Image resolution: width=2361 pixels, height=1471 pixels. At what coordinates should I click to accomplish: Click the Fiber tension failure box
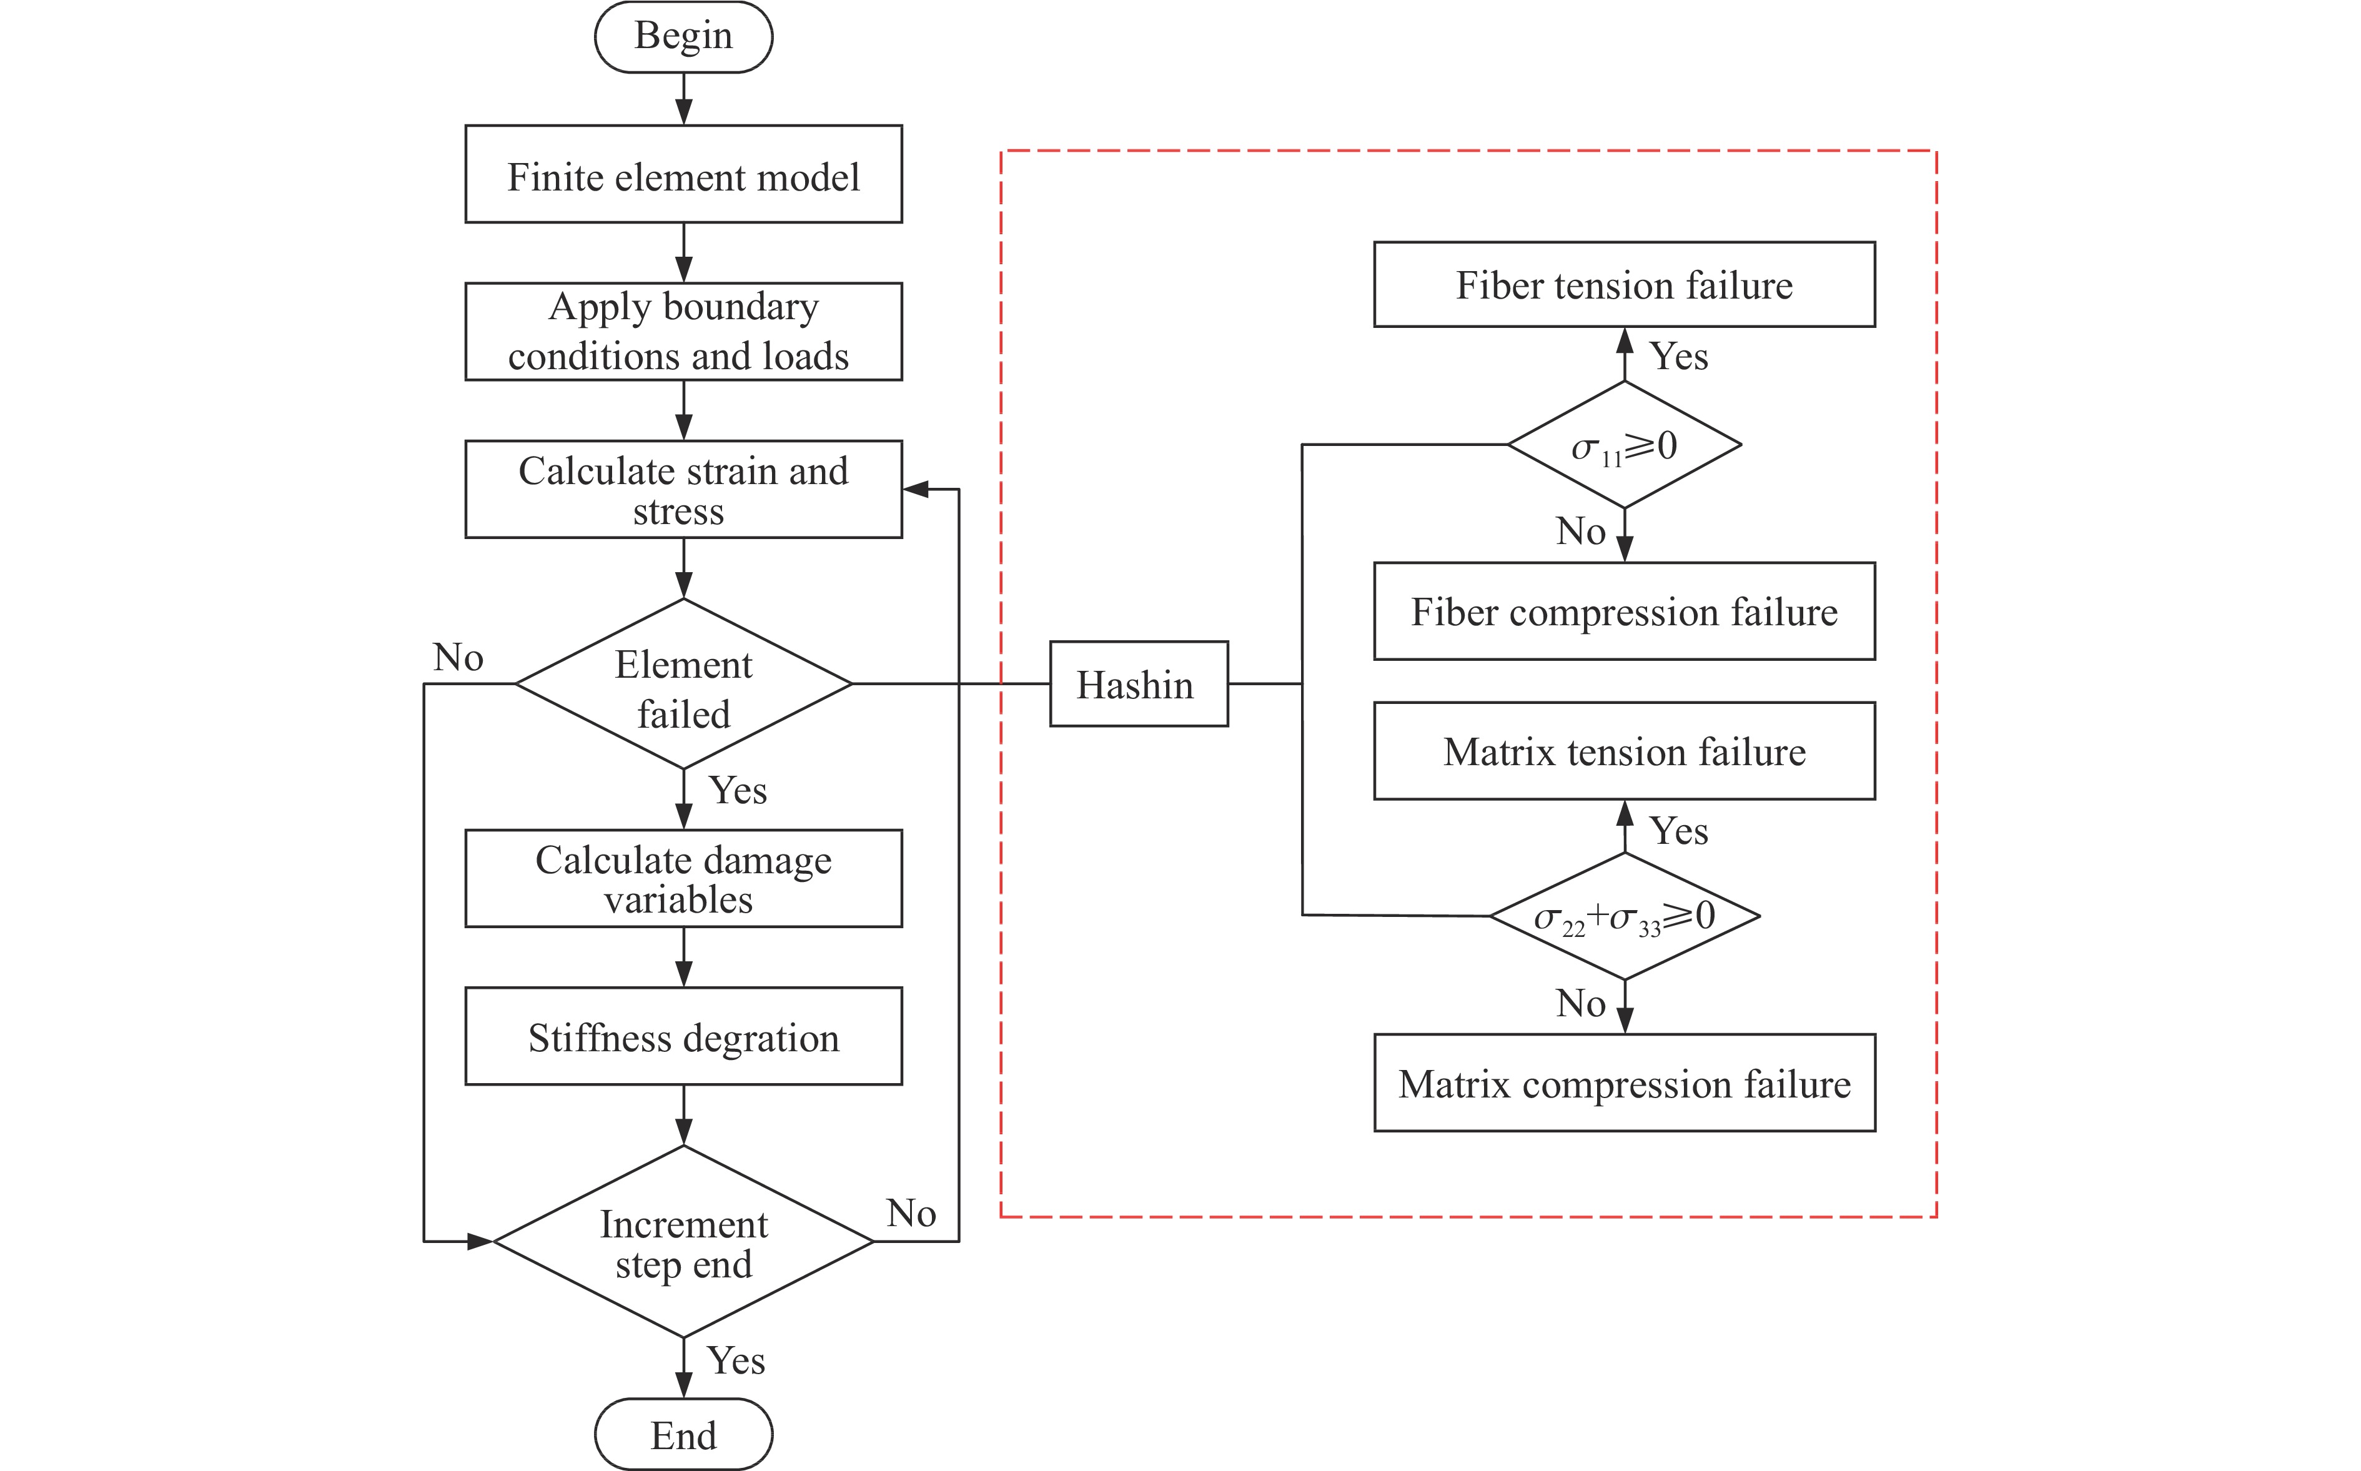click(x=1623, y=284)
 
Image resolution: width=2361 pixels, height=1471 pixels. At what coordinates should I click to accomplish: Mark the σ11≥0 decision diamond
click(x=1623, y=445)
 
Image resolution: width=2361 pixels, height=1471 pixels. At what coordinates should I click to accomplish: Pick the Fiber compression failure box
click(x=1623, y=611)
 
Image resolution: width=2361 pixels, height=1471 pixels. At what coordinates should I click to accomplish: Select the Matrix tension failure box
click(x=1623, y=751)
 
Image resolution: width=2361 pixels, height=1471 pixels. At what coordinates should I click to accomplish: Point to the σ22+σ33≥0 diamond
click(x=1623, y=916)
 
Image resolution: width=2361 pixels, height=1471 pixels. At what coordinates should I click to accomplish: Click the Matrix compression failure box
click(x=1623, y=1083)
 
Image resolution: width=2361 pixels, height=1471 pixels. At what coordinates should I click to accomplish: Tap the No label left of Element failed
click(x=458, y=658)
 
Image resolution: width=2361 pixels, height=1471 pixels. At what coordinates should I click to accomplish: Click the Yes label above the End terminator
click(x=735, y=1360)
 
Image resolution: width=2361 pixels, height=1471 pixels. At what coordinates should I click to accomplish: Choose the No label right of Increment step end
click(x=911, y=1213)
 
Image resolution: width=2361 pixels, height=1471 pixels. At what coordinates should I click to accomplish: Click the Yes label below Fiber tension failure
click(x=1678, y=356)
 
